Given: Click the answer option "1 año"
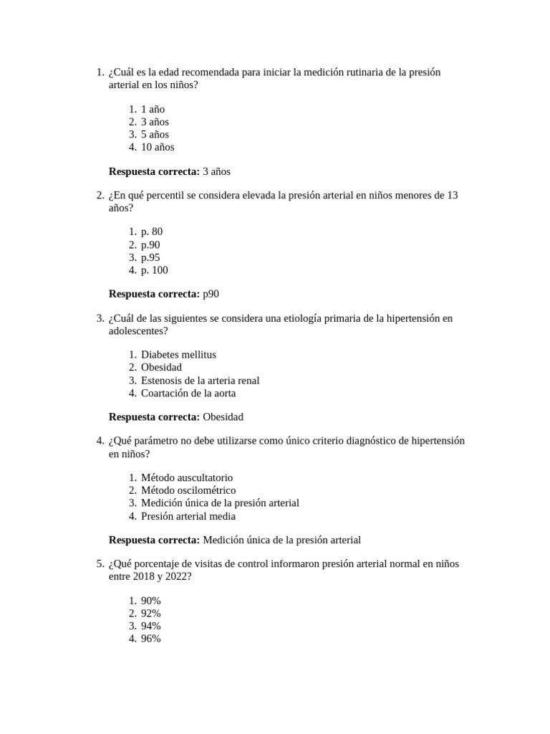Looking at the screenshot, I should [x=153, y=109].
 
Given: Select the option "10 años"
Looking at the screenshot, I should [x=158, y=147].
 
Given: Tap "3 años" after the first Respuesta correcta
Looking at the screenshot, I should [x=217, y=171].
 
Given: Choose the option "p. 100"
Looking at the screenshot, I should [x=155, y=270].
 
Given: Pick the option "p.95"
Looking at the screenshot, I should [x=150, y=257].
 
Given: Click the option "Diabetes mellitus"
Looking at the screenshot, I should [x=178, y=354].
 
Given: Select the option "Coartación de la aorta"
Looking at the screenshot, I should [x=188, y=393].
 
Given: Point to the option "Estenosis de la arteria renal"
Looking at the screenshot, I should [x=200, y=381].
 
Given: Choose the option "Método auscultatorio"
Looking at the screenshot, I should [x=187, y=477].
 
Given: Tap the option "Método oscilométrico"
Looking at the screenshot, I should [x=188, y=490].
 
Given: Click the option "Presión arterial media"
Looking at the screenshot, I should [x=188, y=516].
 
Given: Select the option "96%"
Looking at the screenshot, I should [x=151, y=639].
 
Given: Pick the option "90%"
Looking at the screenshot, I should [x=151, y=600].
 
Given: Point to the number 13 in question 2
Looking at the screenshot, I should [x=451, y=195].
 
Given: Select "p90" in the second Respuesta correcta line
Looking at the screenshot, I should [x=211, y=294].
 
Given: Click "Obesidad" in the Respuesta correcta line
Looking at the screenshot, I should [x=223, y=416].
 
